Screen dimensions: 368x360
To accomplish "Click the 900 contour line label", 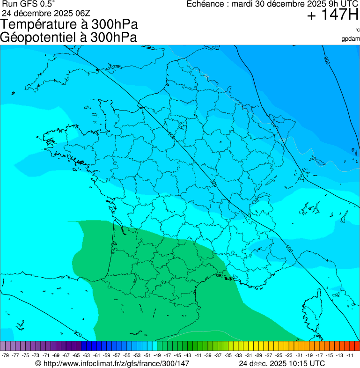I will coord(326,60).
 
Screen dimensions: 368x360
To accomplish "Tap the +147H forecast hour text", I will coord(332,15).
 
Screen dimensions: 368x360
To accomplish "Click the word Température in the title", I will coord(42,25).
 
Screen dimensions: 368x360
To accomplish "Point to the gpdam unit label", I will coord(351,38).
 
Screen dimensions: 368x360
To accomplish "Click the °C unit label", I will coord(357,30).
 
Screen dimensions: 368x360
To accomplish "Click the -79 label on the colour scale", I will coord(6,355).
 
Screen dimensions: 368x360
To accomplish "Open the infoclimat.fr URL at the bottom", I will coord(116,363).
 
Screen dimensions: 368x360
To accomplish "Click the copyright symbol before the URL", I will coord(38,363).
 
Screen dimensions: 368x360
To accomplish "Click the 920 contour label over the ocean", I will coord(78,334).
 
